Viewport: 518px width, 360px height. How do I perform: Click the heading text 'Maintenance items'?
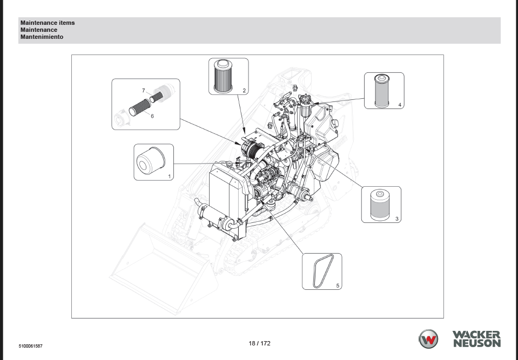click(x=48, y=23)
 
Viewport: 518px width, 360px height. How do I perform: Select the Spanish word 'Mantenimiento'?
click(x=42, y=37)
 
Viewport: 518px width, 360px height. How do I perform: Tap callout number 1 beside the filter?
click(x=170, y=176)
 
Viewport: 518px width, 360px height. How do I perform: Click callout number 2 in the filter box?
click(x=244, y=91)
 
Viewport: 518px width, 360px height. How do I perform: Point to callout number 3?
click(x=397, y=219)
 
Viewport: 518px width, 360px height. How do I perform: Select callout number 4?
click(x=400, y=105)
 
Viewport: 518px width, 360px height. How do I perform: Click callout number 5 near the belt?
click(x=338, y=286)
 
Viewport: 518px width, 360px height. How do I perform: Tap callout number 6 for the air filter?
click(x=152, y=116)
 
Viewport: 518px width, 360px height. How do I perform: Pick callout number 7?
click(x=143, y=90)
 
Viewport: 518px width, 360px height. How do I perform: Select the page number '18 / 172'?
click(x=259, y=343)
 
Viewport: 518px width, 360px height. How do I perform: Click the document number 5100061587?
click(x=30, y=345)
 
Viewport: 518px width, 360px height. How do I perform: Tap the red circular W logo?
click(x=428, y=339)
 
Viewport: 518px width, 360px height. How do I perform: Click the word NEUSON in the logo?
click(x=476, y=343)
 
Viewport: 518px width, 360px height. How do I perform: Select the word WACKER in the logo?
click(x=476, y=335)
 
